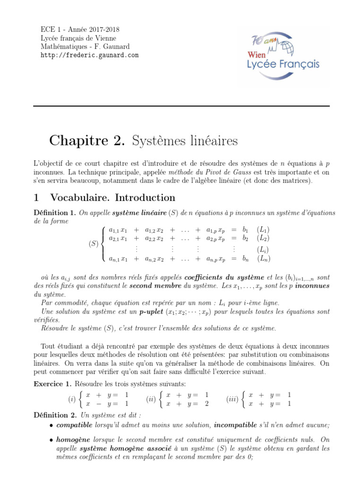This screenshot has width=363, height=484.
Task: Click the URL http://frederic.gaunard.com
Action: (x=90, y=55)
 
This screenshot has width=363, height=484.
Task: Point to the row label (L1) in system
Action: (x=263, y=229)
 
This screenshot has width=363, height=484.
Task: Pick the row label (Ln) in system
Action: (x=263, y=259)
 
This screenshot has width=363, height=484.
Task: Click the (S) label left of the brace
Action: (x=94, y=244)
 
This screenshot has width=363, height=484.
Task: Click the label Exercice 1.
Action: (x=52, y=383)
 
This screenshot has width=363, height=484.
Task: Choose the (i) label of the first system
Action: (x=72, y=399)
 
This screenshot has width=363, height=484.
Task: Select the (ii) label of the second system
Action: (x=151, y=399)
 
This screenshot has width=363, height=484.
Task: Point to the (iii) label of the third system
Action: (x=233, y=399)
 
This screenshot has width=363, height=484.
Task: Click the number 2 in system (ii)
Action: (x=206, y=404)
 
